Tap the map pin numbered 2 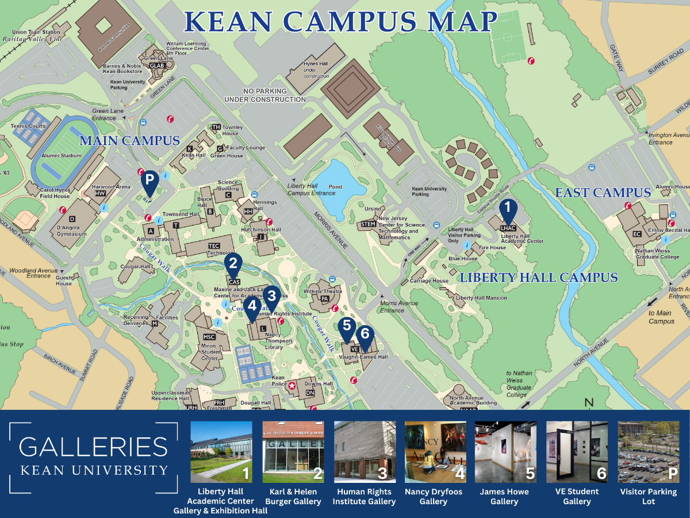[233, 264]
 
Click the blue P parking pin [149, 180]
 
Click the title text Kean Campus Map [340, 21]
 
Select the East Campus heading [603, 193]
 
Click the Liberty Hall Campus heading [538, 278]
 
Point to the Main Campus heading [129, 140]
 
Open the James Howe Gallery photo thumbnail [505, 452]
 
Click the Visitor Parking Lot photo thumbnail [648, 452]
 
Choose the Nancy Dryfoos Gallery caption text [434, 497]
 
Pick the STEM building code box [368, 224]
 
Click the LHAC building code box [508, 228]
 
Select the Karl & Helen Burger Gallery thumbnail [293, 452]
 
